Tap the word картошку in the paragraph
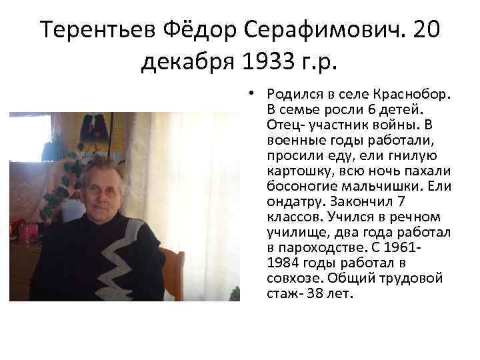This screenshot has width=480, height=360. [x=292, y=170]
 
